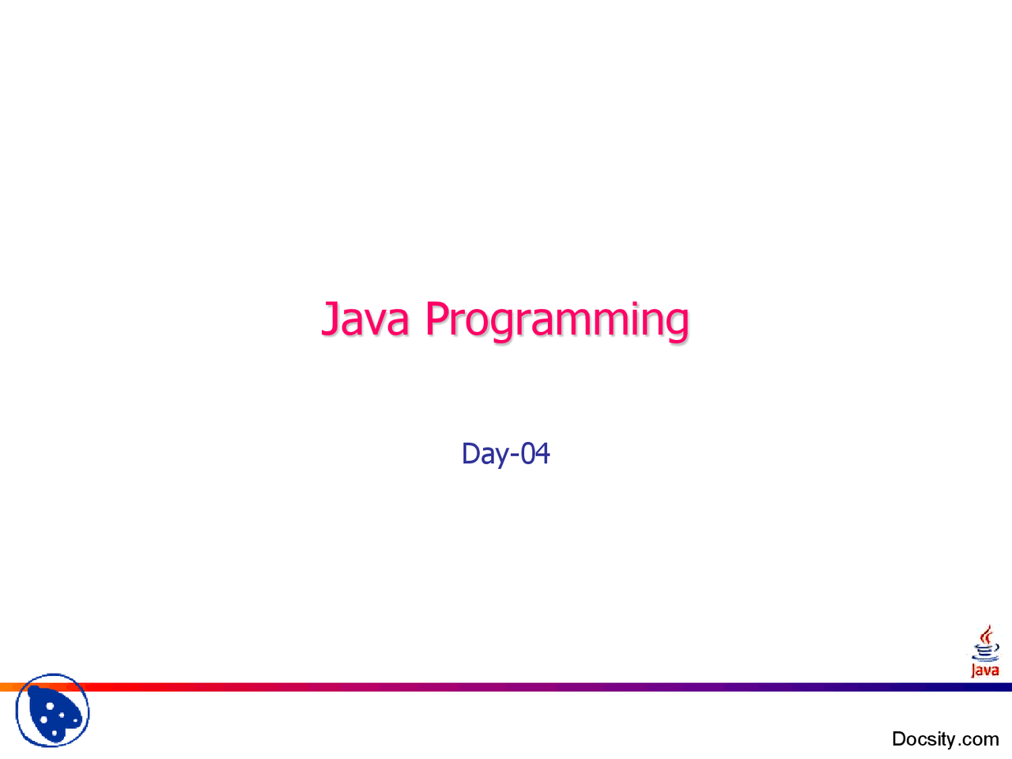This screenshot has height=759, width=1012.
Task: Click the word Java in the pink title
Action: click(365, 319)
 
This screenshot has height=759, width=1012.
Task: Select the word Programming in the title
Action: click(557, 320)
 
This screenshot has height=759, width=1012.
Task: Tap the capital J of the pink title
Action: click(330, 319)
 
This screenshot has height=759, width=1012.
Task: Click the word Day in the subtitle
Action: click(484, 454)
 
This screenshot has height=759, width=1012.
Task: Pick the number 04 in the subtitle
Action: click(535, 453)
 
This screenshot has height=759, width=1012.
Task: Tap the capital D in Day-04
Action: click(470, 453)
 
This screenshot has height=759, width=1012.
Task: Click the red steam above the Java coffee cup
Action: click(986, 634)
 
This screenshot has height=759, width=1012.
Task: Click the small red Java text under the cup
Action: click(985, 670)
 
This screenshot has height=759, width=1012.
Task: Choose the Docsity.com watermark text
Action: click(945, 738)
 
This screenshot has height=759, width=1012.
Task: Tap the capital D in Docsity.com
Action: click(900, 738)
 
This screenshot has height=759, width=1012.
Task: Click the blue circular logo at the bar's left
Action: click(52, 711)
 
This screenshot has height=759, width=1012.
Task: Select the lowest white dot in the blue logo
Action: click(55, 734)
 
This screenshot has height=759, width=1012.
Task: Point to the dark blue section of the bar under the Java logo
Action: click(984, 687)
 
